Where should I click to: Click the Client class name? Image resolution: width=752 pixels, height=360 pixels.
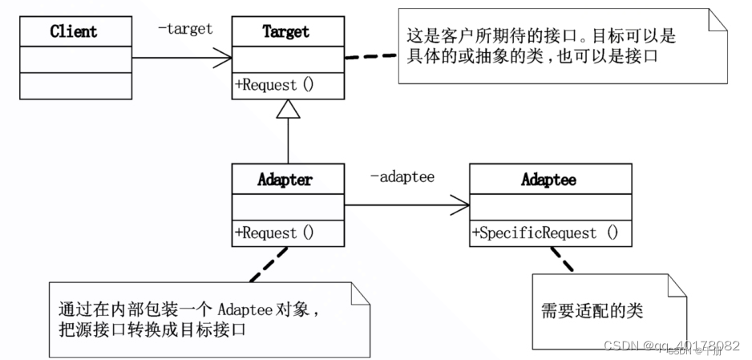tap(73, 32)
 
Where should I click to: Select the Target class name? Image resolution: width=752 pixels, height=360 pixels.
tap(286, 32)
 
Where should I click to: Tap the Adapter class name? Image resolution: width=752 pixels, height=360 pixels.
tap(285, 180)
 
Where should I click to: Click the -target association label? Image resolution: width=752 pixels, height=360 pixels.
tap(185, 29)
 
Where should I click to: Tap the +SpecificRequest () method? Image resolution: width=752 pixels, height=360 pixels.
tap(546, 233)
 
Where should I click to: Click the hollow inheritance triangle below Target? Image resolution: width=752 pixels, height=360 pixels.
tap(289, 109)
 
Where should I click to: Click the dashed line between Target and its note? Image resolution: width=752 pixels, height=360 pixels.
tap(370, 57)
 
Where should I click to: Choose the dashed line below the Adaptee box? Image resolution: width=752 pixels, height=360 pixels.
tap(561, 258)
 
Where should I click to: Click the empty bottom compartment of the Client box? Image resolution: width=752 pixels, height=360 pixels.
tap(73, 86)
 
